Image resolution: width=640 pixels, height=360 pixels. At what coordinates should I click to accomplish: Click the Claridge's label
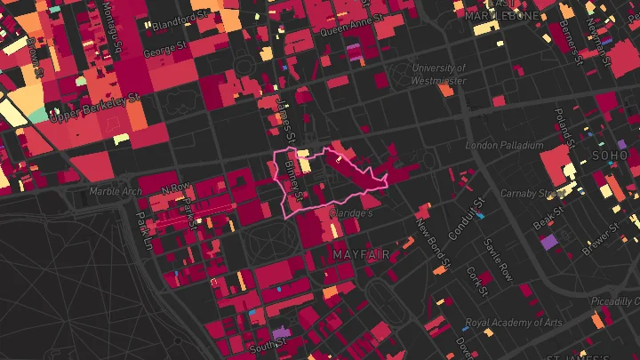click(x=351, y=214)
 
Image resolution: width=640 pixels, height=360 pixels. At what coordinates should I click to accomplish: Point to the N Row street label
click(x=176, y=188)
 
